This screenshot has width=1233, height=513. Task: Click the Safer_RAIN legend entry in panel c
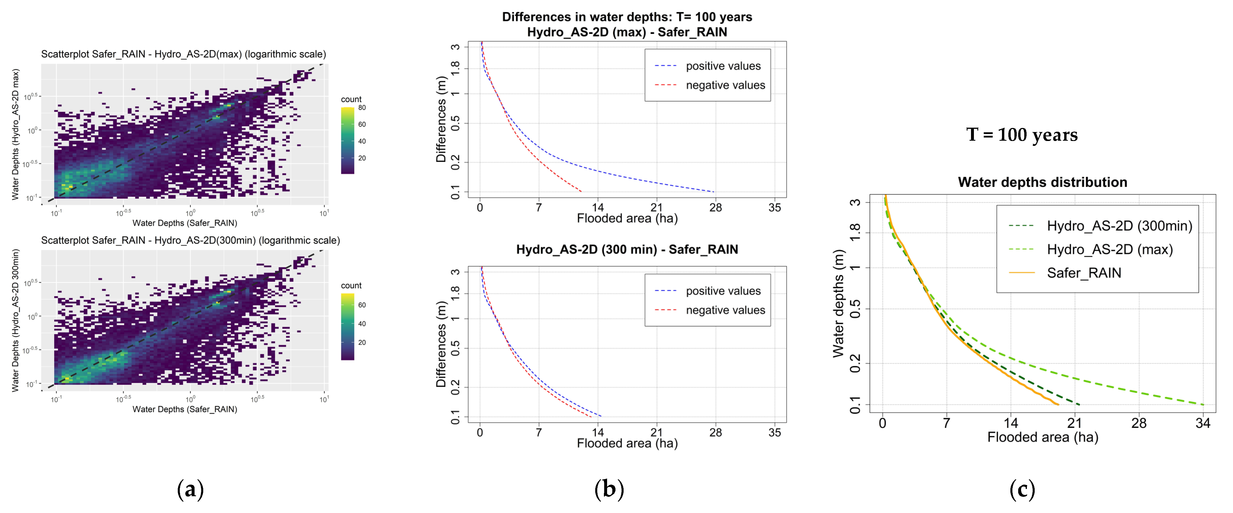coord(1084,273)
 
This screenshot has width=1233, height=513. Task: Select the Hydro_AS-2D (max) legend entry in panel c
coord(1109,249)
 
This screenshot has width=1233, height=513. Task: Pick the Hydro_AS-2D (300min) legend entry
coord(1119,226)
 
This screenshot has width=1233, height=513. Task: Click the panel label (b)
coord(609,490)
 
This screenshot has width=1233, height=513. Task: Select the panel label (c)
coord(1022,490)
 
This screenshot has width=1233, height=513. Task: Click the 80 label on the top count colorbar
coord(362,108)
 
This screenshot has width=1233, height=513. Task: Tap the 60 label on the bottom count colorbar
coord(362,305)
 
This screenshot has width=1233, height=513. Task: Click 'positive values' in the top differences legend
coord(723,66)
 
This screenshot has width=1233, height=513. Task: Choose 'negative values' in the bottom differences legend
coord(725,310)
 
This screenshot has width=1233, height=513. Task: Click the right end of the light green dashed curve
coord(1203,405)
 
